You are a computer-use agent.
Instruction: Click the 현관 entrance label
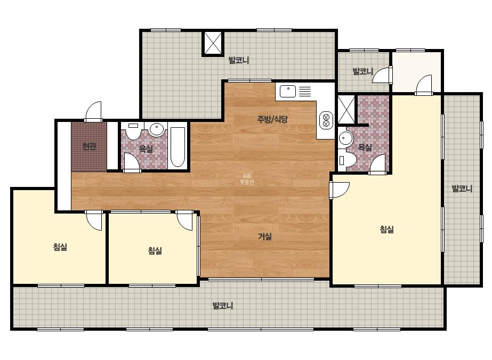coord(90,146)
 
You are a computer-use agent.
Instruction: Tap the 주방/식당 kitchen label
coord(272,119)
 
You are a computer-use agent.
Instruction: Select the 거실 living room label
coord(265,236)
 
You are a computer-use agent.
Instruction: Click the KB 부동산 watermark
coord(247,179)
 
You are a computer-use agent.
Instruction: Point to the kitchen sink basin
coord(288,91)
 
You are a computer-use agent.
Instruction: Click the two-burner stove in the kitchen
coord(326,120)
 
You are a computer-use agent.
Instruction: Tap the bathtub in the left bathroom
coord(178,147)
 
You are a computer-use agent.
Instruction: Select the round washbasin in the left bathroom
coord(156,129)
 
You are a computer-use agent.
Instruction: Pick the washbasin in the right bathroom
coord(345,138)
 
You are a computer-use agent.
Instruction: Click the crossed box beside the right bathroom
coord(346,109)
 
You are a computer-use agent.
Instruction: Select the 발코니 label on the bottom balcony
coord(223,306)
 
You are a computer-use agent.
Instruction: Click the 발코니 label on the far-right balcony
coord(462,189)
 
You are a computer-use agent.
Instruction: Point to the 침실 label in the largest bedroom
coord(387,230)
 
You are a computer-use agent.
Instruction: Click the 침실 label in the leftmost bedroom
coord(60,247)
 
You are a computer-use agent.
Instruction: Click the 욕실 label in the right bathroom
coord(365,147)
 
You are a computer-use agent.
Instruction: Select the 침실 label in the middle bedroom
coord(155,250)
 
